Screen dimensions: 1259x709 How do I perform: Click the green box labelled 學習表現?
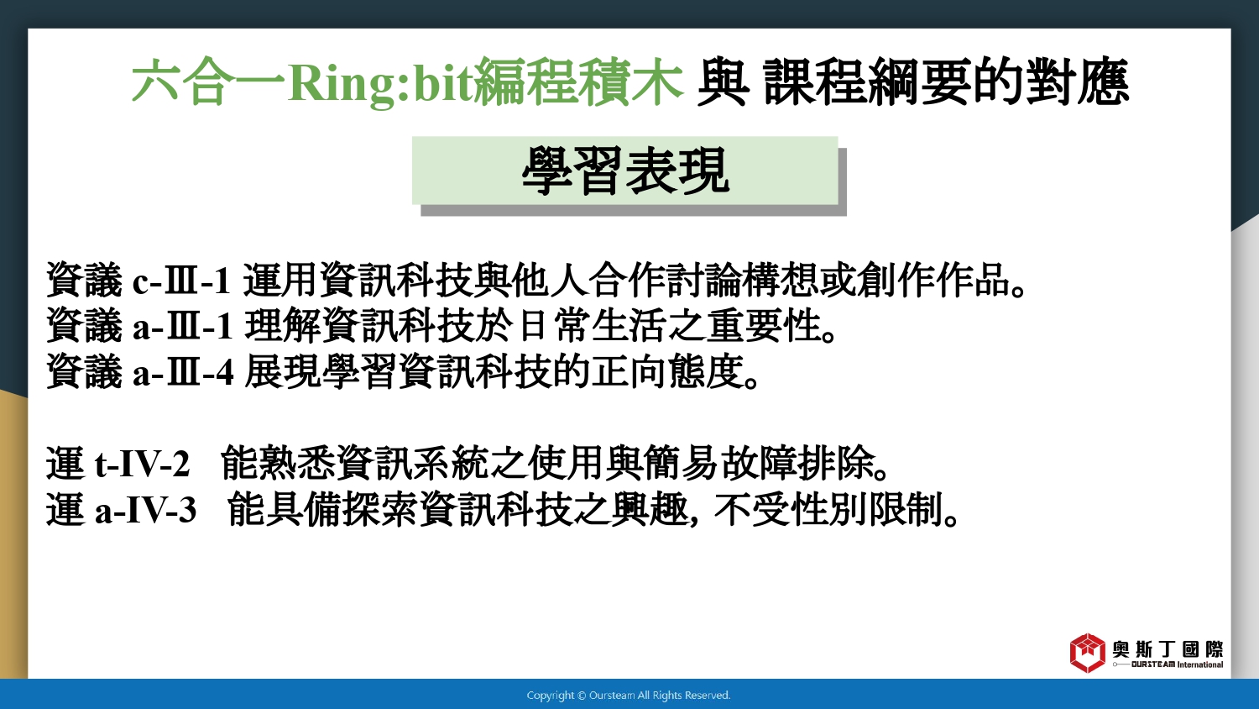(625, 171)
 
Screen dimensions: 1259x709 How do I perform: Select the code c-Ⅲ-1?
(181, 281)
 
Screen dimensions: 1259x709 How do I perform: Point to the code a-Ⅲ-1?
(182, 326)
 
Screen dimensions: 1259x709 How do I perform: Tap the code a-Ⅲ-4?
(183, 372)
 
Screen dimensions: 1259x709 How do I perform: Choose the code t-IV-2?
(142, 465)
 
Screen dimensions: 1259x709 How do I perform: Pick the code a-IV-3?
(145, 511)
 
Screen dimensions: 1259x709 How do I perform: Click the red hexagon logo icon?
(1087, 653)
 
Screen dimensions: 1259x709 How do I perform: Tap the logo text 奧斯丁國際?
(1168, 649)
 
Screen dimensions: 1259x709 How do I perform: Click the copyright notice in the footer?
(629, 696)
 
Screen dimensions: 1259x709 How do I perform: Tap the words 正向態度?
(666, 372)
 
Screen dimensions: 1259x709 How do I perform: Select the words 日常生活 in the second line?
(593, 326)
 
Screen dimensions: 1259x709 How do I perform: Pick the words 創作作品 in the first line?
(933, 281)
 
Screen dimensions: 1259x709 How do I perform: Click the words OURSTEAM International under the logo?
(1177, 664)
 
